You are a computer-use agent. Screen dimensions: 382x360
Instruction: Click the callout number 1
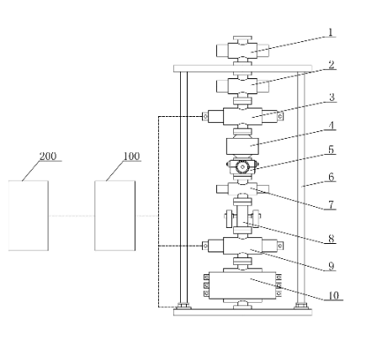pyautogui.click(x=331, y=33)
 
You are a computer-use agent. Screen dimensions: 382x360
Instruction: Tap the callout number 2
pyautogui.click(x=332, y=65)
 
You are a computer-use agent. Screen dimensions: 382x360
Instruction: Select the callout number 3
pyautogui.click(x=332, y=98)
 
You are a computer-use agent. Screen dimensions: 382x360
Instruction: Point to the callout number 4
pyautogui.click(x=332, y=125)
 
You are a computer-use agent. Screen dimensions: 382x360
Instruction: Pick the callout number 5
pyautogui.click(x=332, y=150)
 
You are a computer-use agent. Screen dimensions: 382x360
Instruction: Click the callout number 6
pyautogui.click(x=332, y=177)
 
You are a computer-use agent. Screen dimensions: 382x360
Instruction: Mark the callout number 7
pyautogui.click(x=332, y=205)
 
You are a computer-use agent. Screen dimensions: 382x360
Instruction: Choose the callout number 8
pyautogui.click(x=332, y=239)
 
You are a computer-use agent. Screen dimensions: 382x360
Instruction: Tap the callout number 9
pyautogui.click(x=332, y=266)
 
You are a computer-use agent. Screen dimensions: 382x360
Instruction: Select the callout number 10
pyautogui.click(x=333, y=295)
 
